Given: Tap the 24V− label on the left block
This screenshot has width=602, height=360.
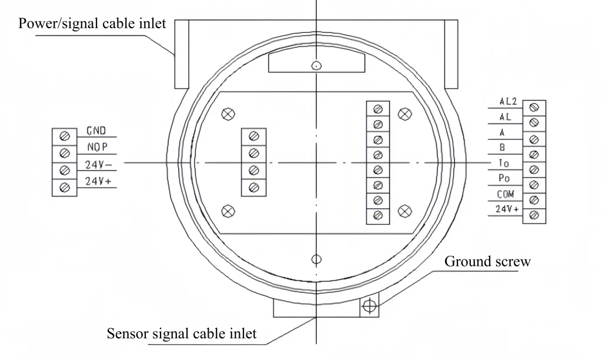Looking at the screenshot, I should coord(94,164).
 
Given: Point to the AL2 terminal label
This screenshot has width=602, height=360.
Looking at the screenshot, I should coord(507,102).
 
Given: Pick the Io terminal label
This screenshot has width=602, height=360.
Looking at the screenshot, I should coord(504,164).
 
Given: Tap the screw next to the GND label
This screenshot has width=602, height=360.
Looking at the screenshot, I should coord(65,136).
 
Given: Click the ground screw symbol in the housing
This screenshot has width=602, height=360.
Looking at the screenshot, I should coord(369,306).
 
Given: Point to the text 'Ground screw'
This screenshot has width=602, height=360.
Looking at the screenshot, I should coord(487,262).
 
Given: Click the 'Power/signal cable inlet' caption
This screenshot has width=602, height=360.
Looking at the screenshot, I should coord(92,24).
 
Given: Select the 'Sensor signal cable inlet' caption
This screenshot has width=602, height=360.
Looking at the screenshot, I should coord(182,334).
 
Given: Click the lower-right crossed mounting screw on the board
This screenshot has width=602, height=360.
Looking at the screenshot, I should coord(404,211).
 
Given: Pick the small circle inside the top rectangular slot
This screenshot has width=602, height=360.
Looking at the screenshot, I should coord(316,66).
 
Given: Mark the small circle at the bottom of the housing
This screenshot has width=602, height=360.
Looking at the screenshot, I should coord(316,259).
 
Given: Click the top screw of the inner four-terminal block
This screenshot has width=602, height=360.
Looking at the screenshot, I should coord(254,136).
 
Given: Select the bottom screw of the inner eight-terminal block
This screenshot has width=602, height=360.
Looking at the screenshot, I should coord(378,215).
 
